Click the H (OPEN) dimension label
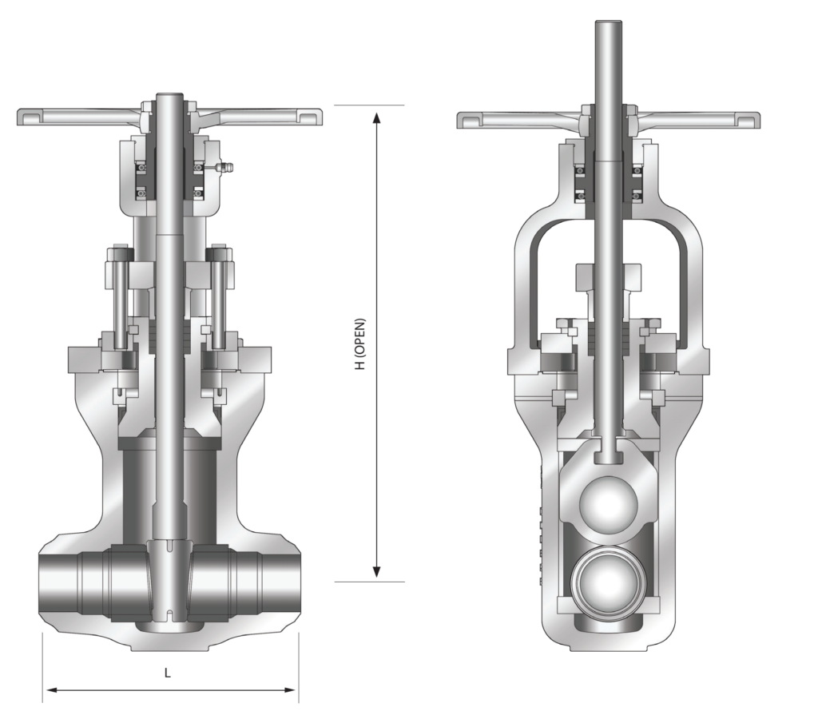pos(360,343)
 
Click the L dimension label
pos(168,673)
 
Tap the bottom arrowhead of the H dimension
pos(377,571)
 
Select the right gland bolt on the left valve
pos(217,300)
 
